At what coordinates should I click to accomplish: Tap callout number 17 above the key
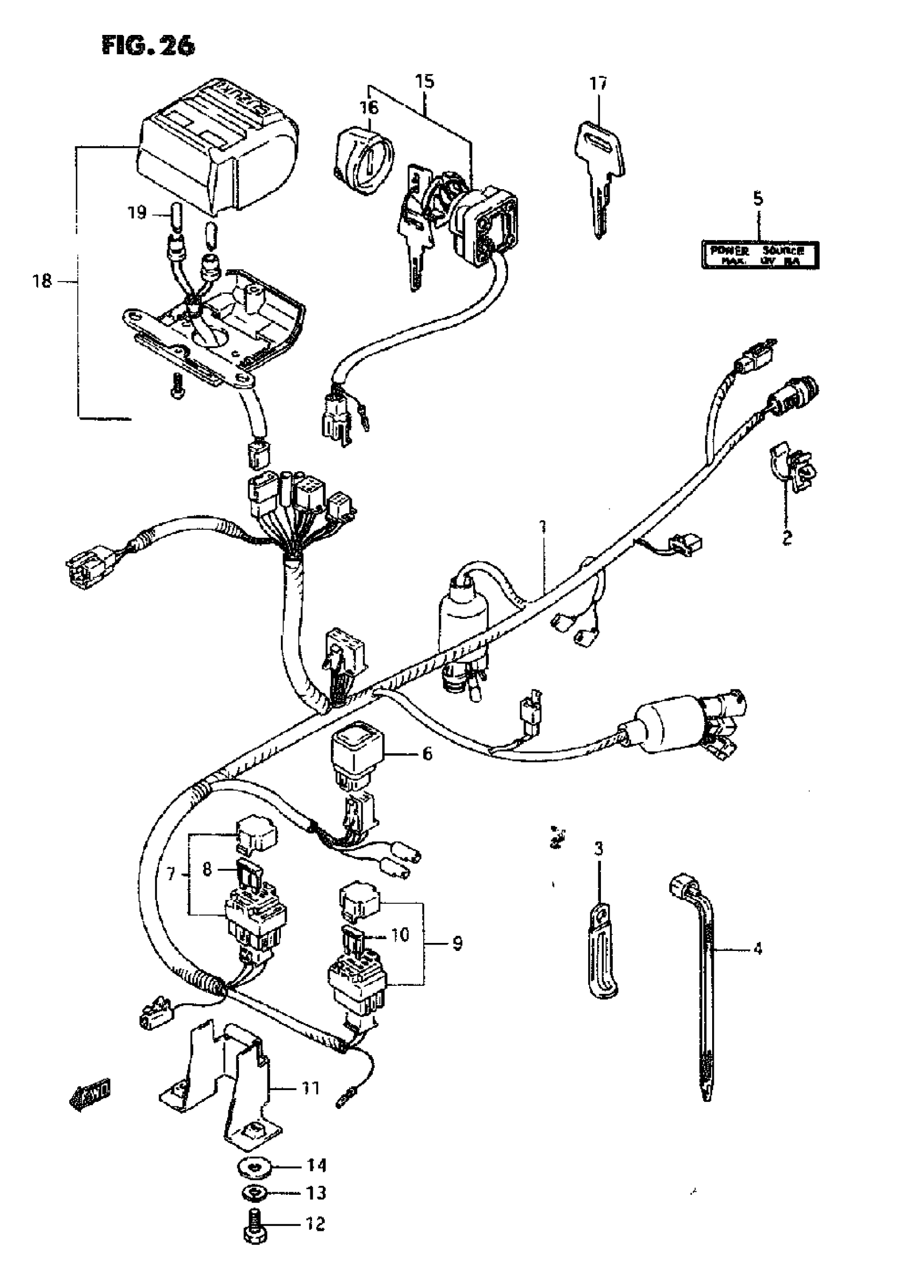598,84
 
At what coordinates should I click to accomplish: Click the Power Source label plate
759,254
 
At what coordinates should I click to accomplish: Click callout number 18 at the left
42,280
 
